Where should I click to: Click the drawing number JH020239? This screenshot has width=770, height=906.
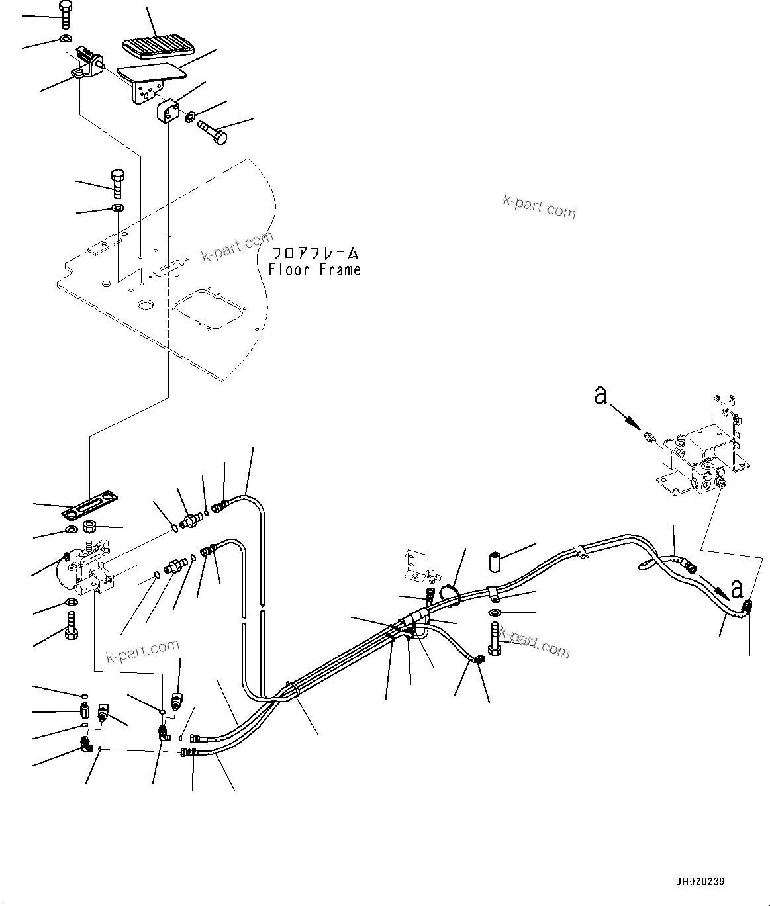(x=700, y=882)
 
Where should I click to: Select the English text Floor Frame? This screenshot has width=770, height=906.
(x=314, y=269)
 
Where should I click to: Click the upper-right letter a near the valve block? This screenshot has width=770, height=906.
(x=601, y=396)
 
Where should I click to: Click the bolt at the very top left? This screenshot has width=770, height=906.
(x=66, y=13)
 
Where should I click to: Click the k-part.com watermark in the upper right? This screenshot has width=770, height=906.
(x=539, y=206)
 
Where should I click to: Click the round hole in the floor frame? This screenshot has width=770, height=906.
(x=144, y=305)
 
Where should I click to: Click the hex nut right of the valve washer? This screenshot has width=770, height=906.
(x=90, y=527)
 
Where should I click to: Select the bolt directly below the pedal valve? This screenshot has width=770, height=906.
(x=72, y=625)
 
